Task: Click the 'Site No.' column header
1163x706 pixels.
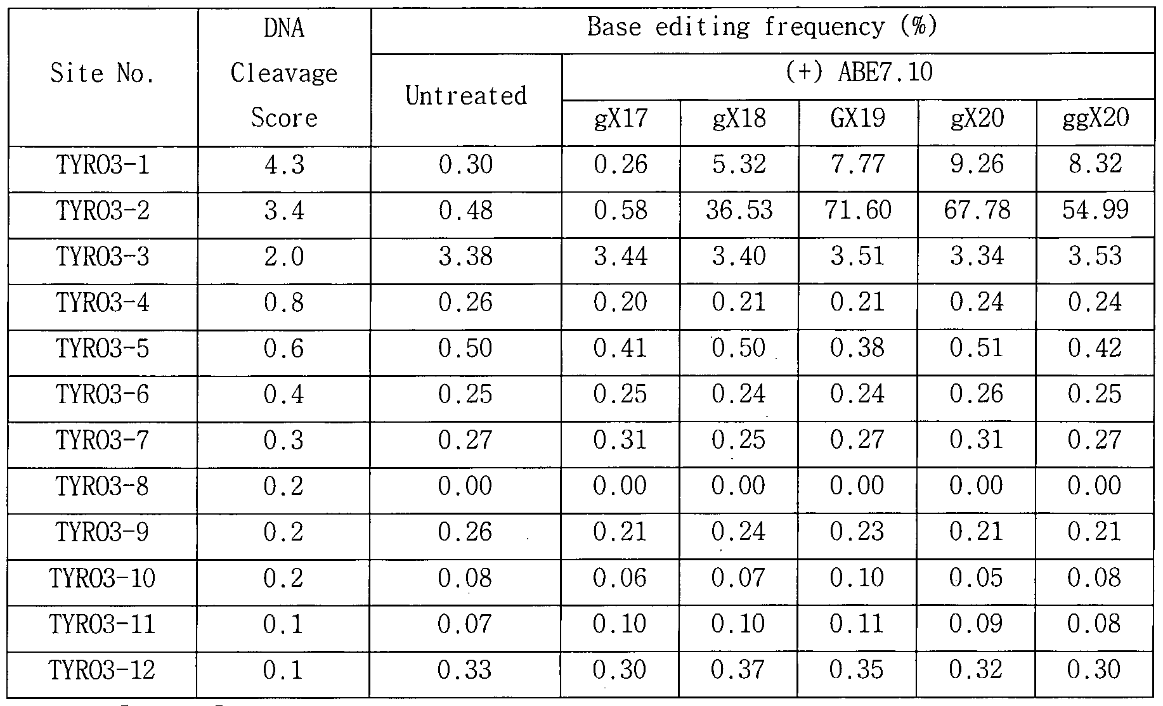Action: (102, 74)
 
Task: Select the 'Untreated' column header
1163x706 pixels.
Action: (466, 96)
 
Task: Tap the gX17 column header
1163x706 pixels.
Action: (621, 119)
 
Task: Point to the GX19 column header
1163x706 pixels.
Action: (858, 119)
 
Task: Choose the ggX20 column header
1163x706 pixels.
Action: (1096, 119)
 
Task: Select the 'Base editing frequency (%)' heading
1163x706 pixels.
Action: (762, 27)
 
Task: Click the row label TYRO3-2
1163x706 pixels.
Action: (103, 210)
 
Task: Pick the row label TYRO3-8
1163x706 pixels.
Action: (103, 486)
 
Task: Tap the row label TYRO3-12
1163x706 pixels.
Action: (102, 670)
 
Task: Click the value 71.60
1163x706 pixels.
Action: (858, 210)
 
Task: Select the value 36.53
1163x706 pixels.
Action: (739, 210)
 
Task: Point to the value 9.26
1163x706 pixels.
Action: (977, 164)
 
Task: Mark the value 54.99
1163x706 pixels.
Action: (1096, 210)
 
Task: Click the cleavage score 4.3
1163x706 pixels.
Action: (284, 164)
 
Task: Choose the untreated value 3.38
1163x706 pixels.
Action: (466, 256)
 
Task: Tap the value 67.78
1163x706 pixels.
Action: (977, 210)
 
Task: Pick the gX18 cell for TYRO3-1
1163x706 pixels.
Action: (739, 164)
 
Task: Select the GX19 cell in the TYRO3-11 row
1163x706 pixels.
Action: (858, 624)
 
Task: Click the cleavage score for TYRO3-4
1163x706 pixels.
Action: (284, 302)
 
